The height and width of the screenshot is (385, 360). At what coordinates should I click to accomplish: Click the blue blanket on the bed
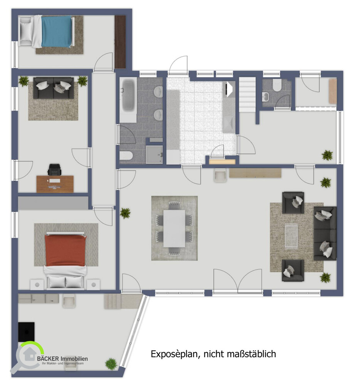click(x=57, y=31)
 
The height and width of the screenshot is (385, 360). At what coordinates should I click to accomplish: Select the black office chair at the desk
click(x=55, y=170)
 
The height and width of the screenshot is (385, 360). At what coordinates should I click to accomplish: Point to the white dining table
click(x=174, y=228)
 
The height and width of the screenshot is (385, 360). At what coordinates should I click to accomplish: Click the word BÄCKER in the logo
click(x=48, y=359)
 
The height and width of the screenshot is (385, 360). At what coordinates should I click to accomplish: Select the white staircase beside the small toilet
click(x=248, y=95)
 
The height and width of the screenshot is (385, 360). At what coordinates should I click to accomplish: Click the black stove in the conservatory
click(x=26, y=332)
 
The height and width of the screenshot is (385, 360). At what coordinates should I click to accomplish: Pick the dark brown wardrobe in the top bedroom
click(x=121, y=42)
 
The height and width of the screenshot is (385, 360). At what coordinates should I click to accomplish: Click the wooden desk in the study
click(x=55, y=184)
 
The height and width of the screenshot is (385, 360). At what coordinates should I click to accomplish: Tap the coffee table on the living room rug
click(x=291, y=237)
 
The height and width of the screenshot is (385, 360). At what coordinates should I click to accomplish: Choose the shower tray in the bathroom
click(x=154, y=154)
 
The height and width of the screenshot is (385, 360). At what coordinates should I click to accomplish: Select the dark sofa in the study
click(x=53, y=88)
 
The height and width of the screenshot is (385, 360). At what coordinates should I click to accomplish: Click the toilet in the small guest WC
click(x=276, y=85)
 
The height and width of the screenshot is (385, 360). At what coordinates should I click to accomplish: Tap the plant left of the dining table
click(x=125, y=213)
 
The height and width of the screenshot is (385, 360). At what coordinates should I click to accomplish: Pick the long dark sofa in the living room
click(x=325, y=234)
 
